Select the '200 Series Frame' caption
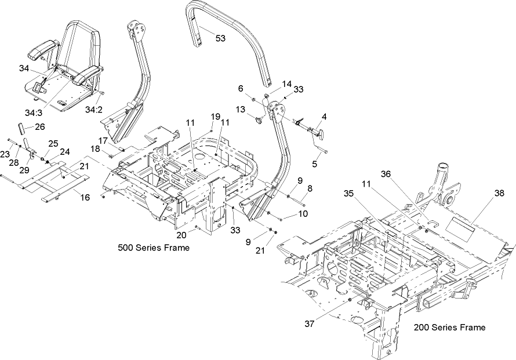449,328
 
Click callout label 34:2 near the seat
93,109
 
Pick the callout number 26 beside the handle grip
39,127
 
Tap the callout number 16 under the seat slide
85,198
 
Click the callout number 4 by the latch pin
324,117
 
